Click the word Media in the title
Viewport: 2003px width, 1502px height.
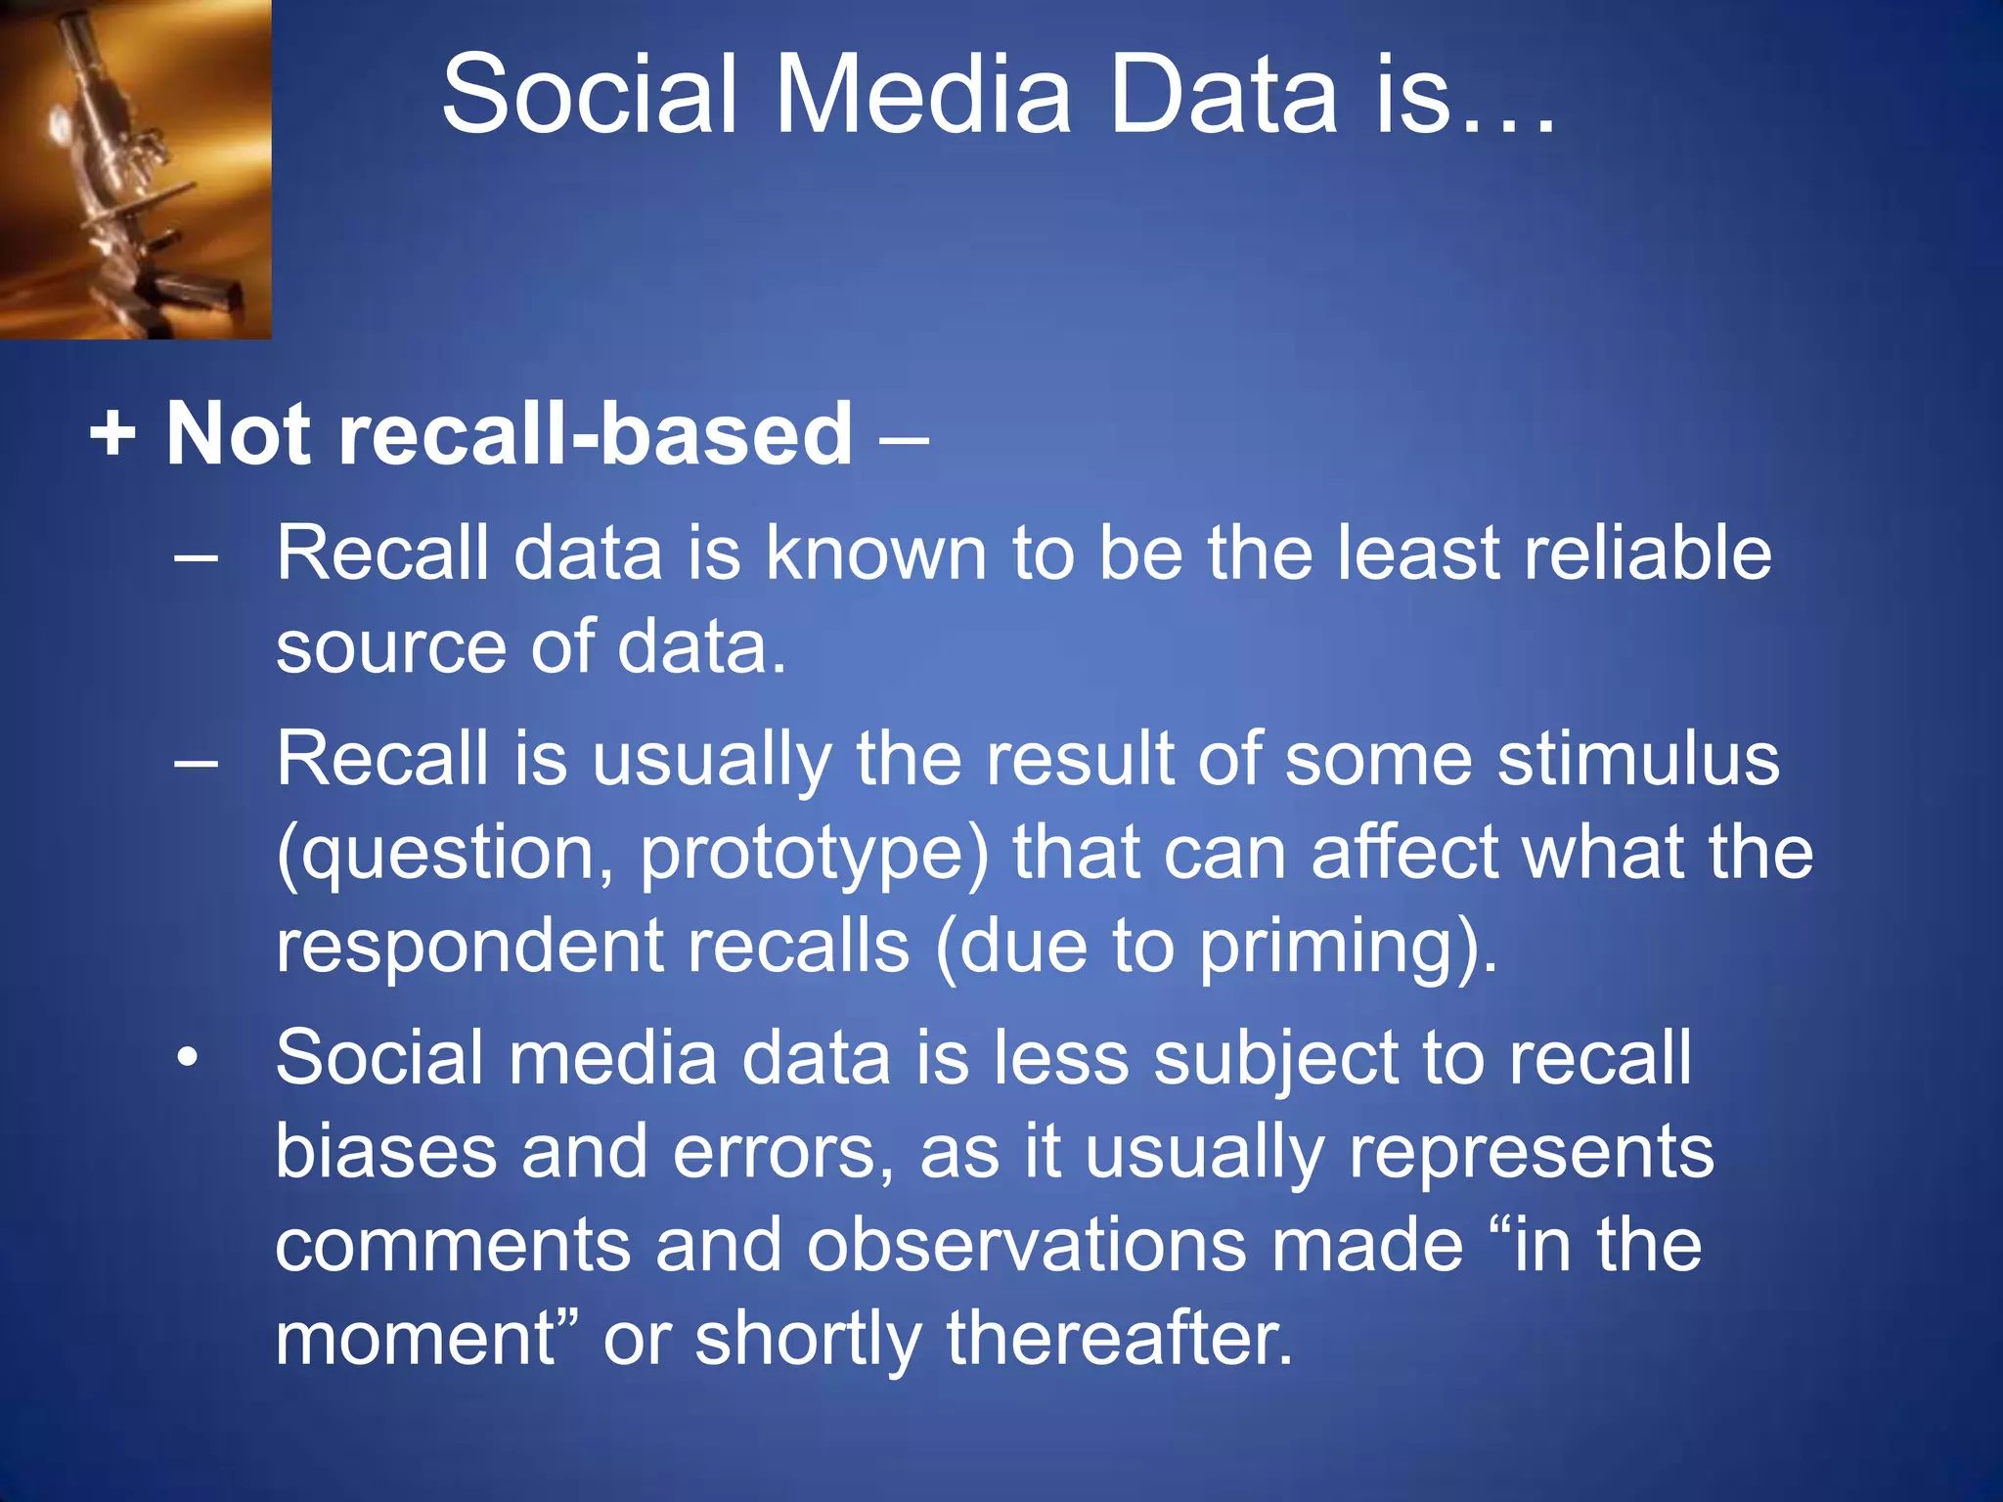pos(922,96)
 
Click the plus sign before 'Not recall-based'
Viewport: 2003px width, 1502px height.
pos(112,433)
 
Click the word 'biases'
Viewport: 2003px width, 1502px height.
pos(386,1151)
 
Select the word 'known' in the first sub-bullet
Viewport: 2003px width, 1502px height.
pos(875,552)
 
